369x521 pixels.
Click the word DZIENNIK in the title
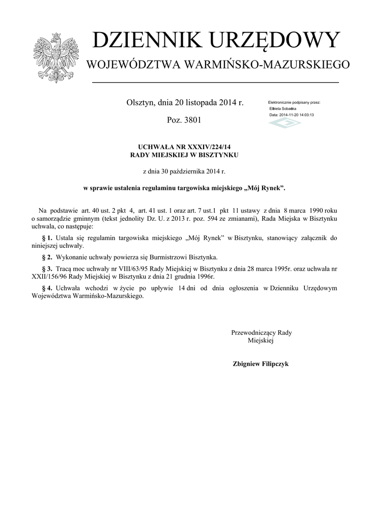click(x=142, y=41)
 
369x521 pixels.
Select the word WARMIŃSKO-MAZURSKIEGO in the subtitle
click(x=267, y=65)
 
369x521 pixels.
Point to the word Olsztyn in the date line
click(x=140, y=103)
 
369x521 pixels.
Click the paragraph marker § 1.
click(x=47, y=238)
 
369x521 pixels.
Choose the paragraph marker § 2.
click(x=47, y=257)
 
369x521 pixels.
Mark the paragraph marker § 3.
click(x=47, y=268)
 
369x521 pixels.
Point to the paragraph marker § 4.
click(x=47, y=288)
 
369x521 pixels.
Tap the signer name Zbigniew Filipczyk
click(x=261, y=364)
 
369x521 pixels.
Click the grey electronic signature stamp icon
click(x=285, y=123)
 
